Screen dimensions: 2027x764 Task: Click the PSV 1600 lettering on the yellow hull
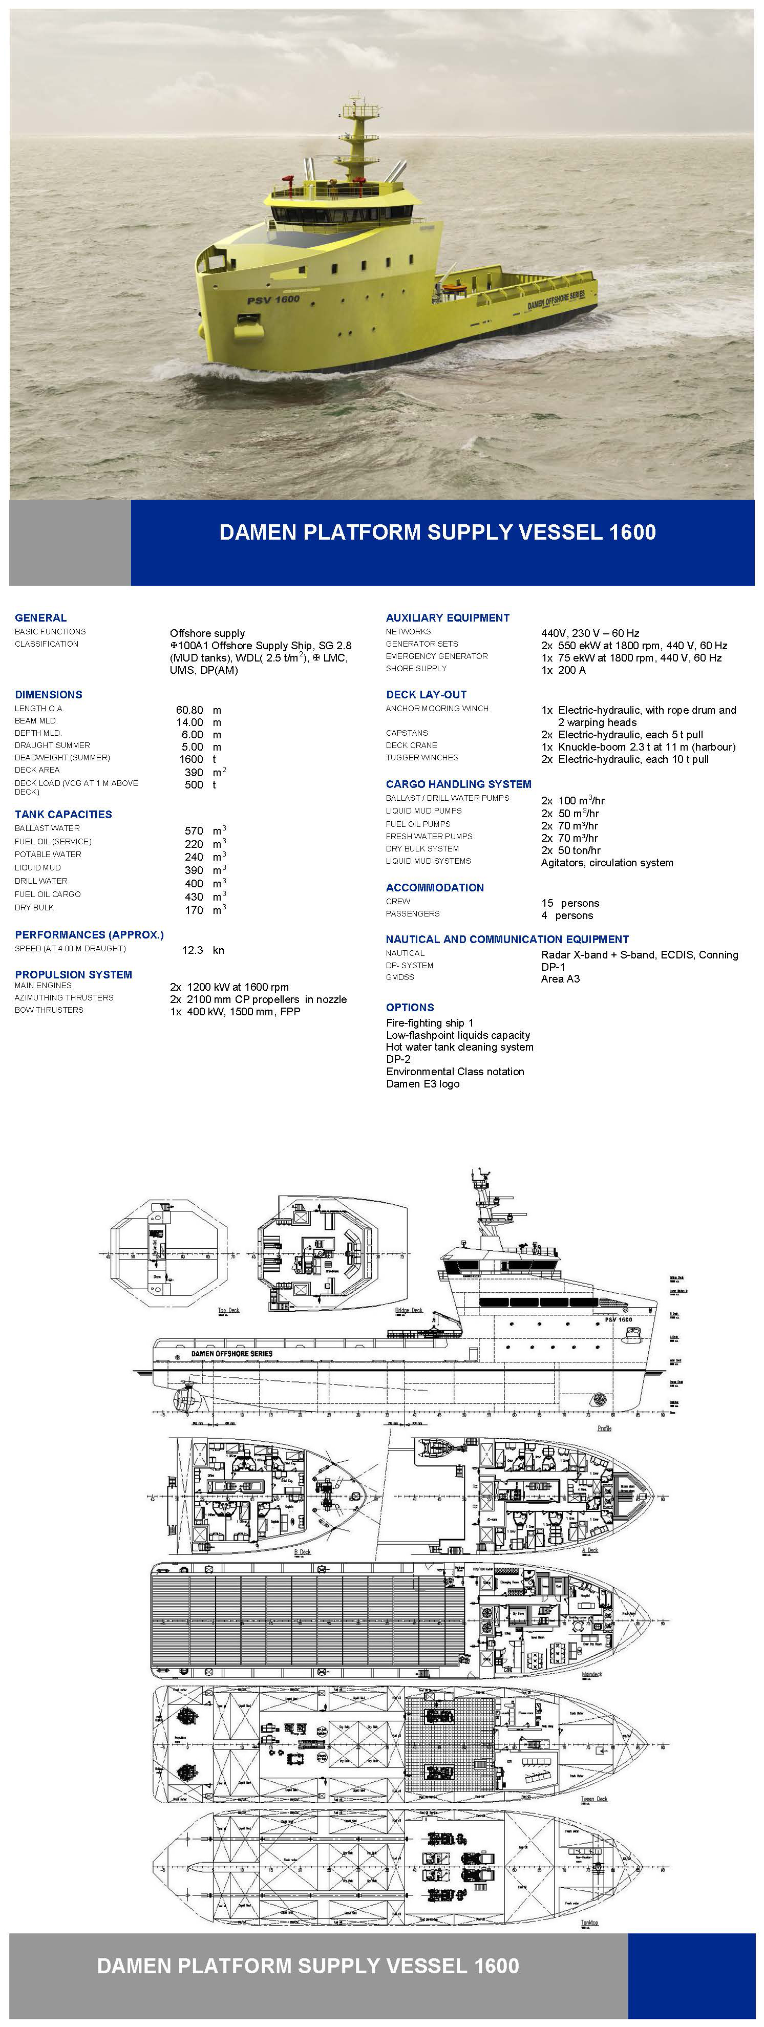(273, 300)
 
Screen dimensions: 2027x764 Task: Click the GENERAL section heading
(41, 617)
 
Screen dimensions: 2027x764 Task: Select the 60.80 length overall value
(189, 710)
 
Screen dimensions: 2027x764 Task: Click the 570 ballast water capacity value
(194, 831)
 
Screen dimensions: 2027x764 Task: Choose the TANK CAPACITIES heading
(63, 815)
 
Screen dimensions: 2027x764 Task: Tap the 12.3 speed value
(193, 950)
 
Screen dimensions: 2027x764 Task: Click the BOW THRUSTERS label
(49, 1010)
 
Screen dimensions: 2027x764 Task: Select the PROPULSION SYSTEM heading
(73, 974)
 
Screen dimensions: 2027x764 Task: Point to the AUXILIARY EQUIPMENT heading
(448, 617)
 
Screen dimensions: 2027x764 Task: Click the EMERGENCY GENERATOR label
(437, 656)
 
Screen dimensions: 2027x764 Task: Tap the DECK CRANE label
(412, 745)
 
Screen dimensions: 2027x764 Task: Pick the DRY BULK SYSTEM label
(422, 849)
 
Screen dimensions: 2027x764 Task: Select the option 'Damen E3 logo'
(422, 1084)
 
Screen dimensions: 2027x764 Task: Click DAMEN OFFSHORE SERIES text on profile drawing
(231, 1354)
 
